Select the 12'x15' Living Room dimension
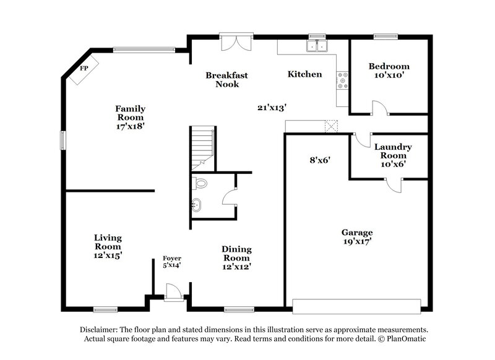[x=108, y=254]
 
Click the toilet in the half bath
[x=199, y=184]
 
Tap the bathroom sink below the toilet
[x=197, y=205]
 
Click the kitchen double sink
[x=317, y=46]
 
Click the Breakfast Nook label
[x=226, y=79]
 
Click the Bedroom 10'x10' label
[x=389, y=71]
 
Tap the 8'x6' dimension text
[x=320, y=160]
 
